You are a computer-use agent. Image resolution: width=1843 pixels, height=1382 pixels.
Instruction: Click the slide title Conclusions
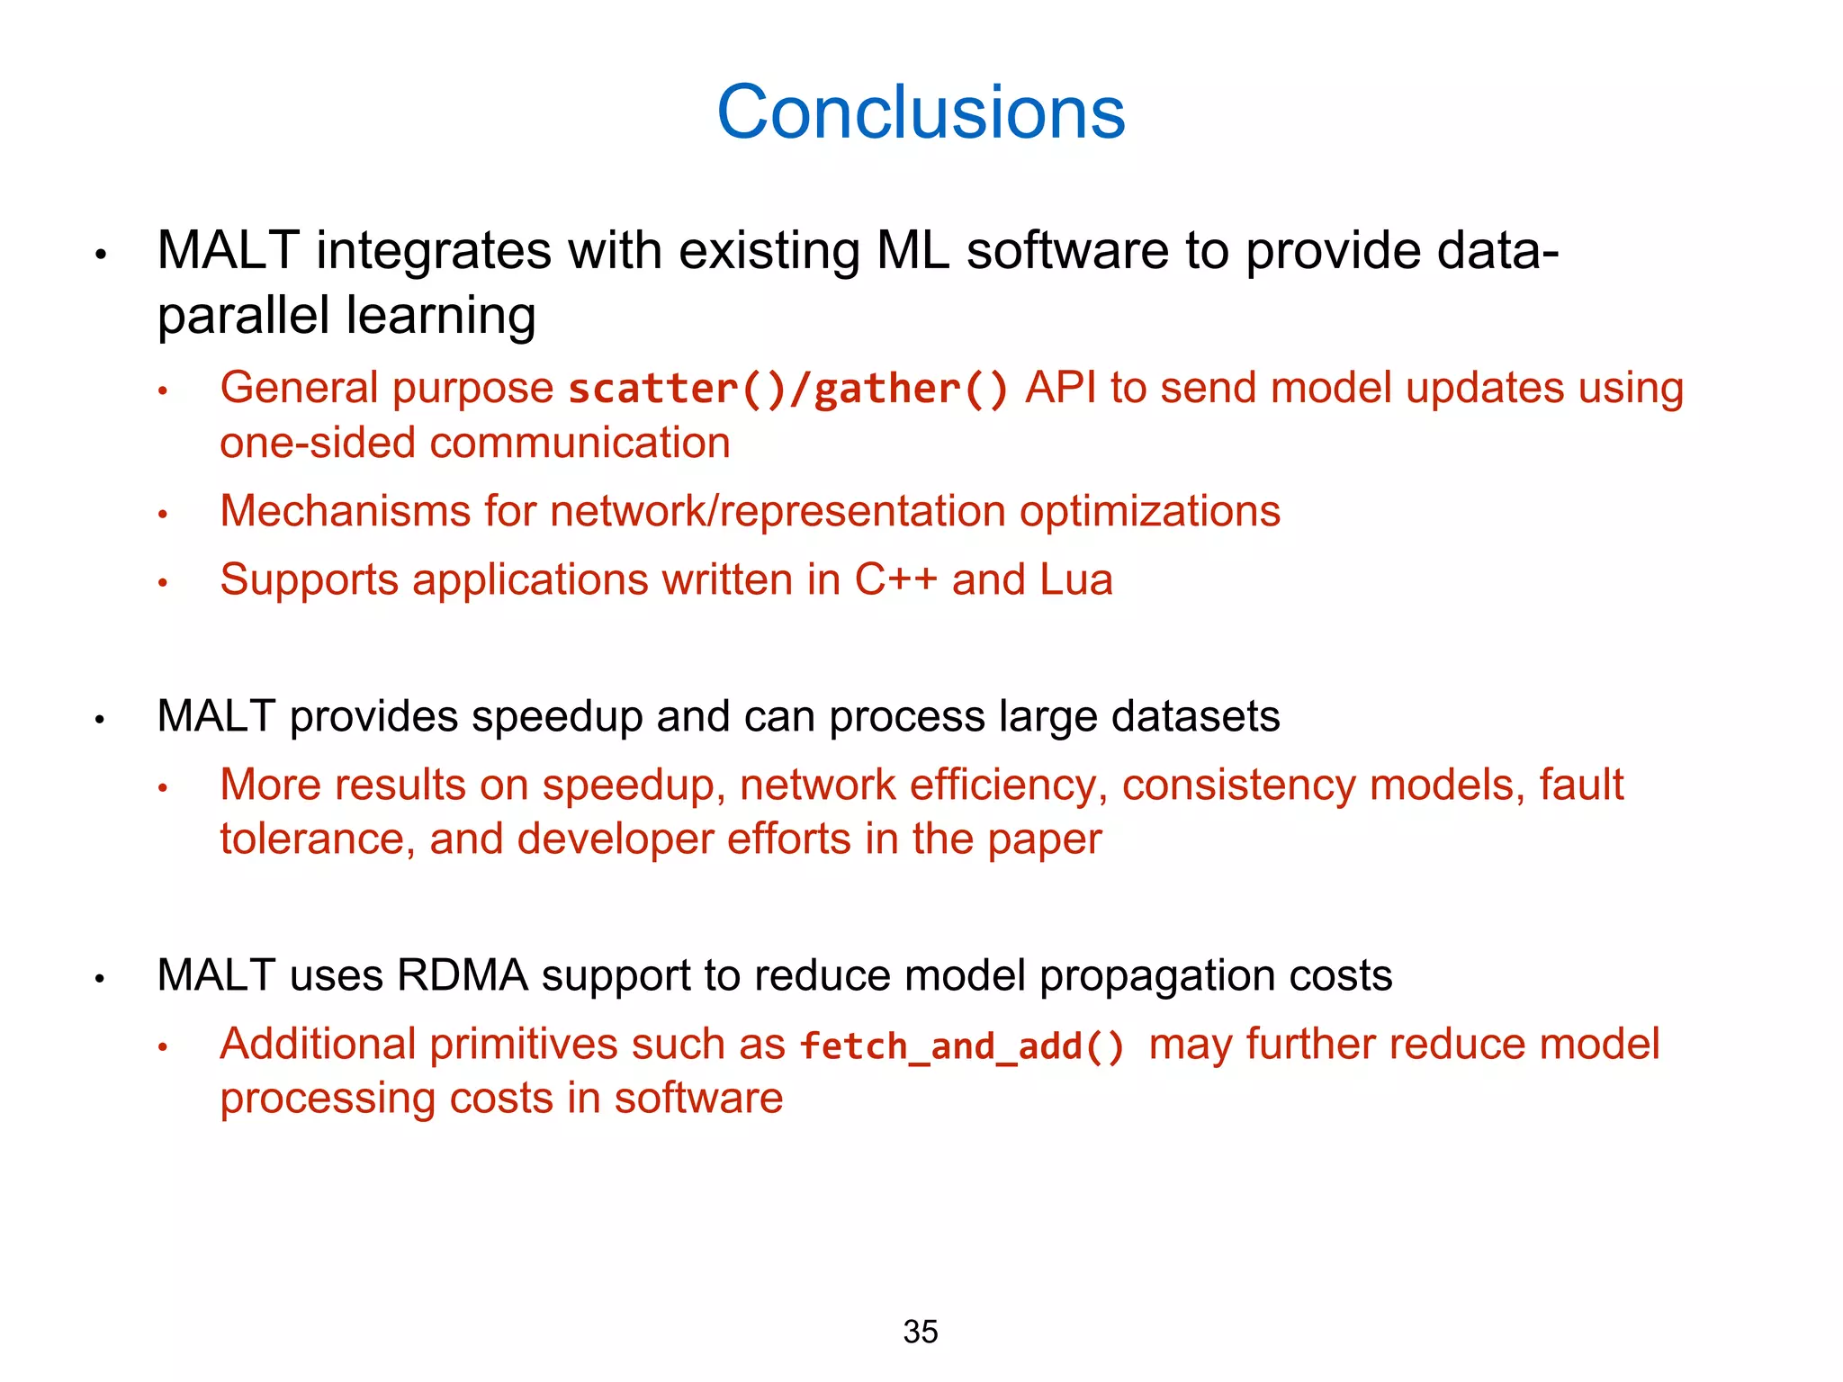[921, 112]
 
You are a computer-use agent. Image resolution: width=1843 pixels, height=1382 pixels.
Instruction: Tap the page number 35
[920, 1332]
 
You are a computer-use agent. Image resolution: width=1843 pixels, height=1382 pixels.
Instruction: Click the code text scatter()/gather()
[788, 390]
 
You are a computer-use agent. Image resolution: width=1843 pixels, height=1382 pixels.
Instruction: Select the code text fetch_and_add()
[962, 1046]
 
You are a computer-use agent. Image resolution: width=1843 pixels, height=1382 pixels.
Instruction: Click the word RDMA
[462, 976]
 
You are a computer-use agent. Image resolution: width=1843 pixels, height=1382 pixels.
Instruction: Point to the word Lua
[1076, 580]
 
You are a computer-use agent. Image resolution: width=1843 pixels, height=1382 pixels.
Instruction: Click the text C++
[895, 580]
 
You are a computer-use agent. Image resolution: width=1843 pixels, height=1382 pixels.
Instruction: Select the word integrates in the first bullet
[433, 251]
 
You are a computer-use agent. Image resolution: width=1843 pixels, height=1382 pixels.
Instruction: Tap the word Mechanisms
[346, 512]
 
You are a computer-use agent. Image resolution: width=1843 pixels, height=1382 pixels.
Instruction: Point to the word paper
[1044, 840]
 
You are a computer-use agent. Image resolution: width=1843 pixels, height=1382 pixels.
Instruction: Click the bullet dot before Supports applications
[163, 583]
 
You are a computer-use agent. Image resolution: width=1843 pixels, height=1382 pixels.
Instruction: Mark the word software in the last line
[698, 1099]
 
